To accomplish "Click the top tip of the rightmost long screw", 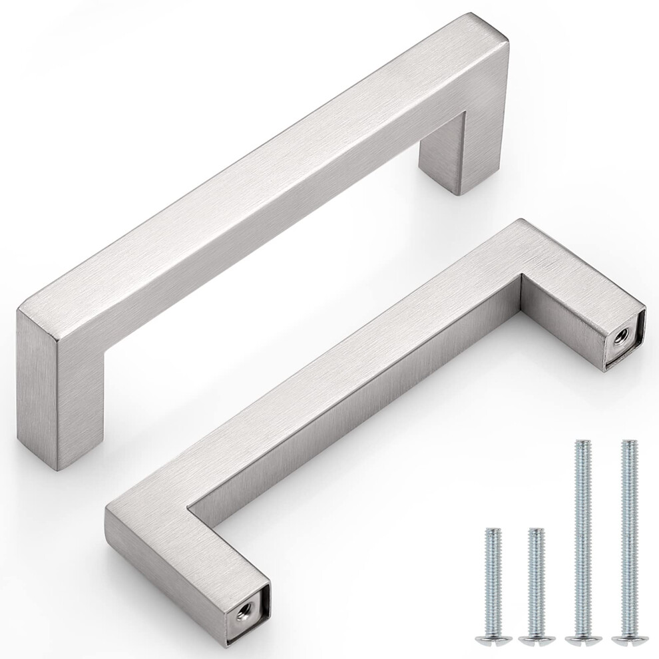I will tap(626, 443).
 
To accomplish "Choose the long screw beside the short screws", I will tap(580, 533).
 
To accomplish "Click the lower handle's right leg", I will tap(579, 313).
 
